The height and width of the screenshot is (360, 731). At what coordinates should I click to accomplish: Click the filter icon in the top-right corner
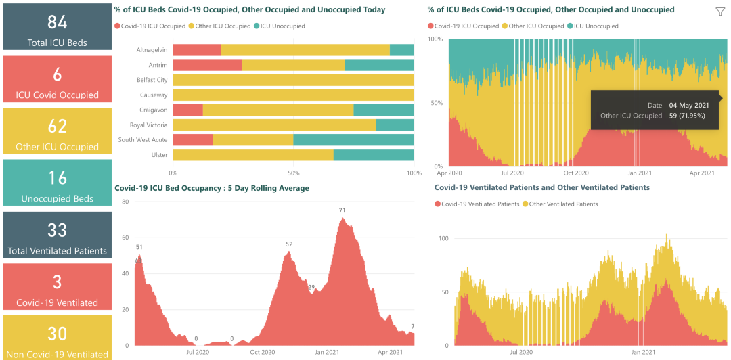(720, 12)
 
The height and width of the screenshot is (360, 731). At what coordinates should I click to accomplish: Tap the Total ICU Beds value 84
(57, 22)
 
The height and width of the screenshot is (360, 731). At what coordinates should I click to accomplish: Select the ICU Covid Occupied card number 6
(57, 74)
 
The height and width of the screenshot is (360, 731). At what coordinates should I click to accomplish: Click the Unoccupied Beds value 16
(57, 178)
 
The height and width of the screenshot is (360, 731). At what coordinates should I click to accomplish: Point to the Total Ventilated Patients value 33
(57, 230)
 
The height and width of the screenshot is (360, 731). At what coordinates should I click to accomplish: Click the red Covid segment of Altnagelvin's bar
(196, 50)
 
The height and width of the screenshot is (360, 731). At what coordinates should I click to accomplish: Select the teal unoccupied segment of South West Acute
(353, 140)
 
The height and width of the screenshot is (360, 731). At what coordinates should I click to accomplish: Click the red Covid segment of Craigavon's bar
(187, 110)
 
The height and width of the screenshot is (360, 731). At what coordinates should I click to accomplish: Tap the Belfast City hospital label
(152, 80)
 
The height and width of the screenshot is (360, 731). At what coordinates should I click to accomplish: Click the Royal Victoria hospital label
(148, 125)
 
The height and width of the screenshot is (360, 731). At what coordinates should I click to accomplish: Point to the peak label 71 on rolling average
(342, 210)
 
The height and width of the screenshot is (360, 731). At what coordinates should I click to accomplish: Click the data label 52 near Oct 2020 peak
(289, 244)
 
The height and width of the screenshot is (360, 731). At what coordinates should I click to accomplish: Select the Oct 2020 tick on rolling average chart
(263, 352)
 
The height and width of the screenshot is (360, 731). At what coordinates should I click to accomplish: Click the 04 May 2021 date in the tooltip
(689, 105)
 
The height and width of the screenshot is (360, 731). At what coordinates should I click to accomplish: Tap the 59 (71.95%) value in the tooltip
(687, 116)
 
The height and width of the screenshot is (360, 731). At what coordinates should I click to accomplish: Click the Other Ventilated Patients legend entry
(563, 204)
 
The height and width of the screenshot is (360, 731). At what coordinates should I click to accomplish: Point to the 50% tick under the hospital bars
(293, 173)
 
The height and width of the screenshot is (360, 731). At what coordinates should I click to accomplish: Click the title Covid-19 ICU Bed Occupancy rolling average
(212, 188)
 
